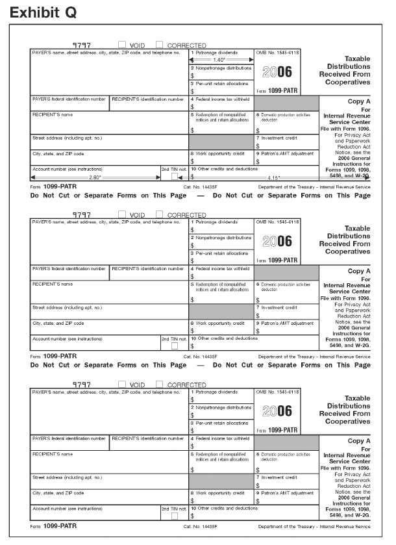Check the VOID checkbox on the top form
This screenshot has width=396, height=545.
[x=122, y=45]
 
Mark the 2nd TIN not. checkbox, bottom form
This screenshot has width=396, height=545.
[x=174, y=516]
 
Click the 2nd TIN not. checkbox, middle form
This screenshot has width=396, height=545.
[x=174, y=346]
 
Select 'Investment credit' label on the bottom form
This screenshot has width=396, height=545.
[x=279, y=476]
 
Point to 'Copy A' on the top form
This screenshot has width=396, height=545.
[x=359, y=102]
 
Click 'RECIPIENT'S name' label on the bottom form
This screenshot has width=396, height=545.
[x=53, y=453]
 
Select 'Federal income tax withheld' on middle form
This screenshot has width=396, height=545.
[x=221, y=267]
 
